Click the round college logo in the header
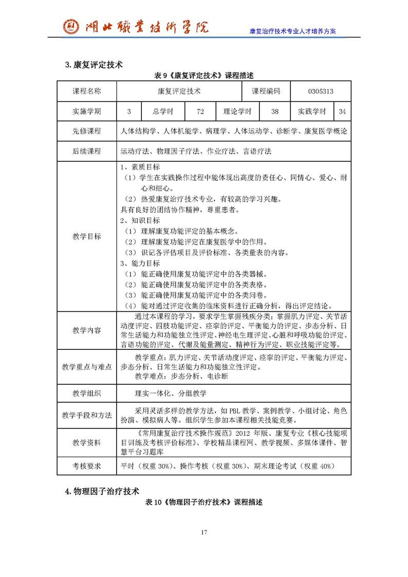71,26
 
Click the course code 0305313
321,91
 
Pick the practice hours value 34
342,111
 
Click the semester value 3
129,111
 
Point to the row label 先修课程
87,131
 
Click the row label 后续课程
87,151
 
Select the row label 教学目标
87,236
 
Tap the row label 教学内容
87,330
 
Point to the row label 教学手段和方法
87,415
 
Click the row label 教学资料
87,442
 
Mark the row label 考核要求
87,466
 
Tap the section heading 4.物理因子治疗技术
102,491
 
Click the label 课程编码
266,91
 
